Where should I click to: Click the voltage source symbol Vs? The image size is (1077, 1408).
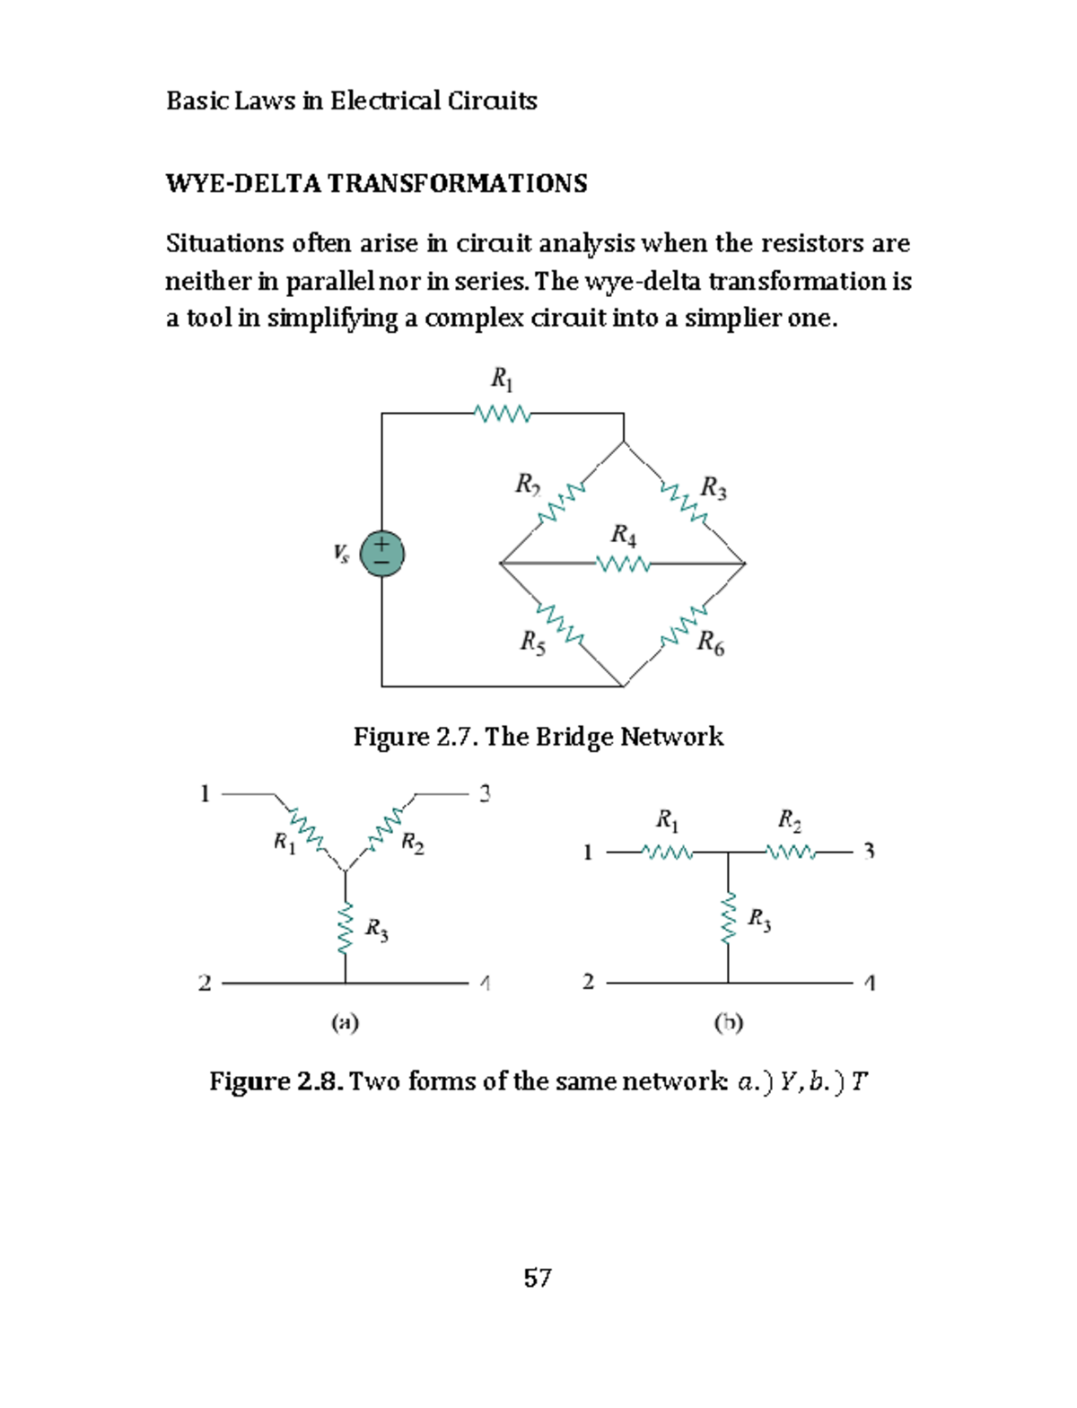[381, 554]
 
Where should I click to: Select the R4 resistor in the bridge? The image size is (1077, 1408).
[623, 564]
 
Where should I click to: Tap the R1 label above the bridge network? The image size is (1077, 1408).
[502, 380]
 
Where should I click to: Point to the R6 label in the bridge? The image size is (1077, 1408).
[710, 643]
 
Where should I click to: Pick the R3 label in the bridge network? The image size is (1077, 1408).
[713, 488]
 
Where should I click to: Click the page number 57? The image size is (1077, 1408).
[538, 1277]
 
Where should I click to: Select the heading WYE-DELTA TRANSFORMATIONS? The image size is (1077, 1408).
[376, 184]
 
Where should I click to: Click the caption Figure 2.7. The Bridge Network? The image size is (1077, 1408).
[538, 737]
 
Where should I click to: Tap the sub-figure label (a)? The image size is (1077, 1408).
[345, 1021]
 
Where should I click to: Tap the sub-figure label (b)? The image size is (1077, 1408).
[728, 1021]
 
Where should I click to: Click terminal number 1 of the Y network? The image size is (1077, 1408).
[205, 793]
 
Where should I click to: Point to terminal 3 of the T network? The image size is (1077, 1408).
[868, 851]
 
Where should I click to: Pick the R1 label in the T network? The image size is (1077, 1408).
[667, 819]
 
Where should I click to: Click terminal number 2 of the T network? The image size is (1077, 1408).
[588, 981]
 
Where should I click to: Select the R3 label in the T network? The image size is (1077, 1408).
[758, 920]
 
